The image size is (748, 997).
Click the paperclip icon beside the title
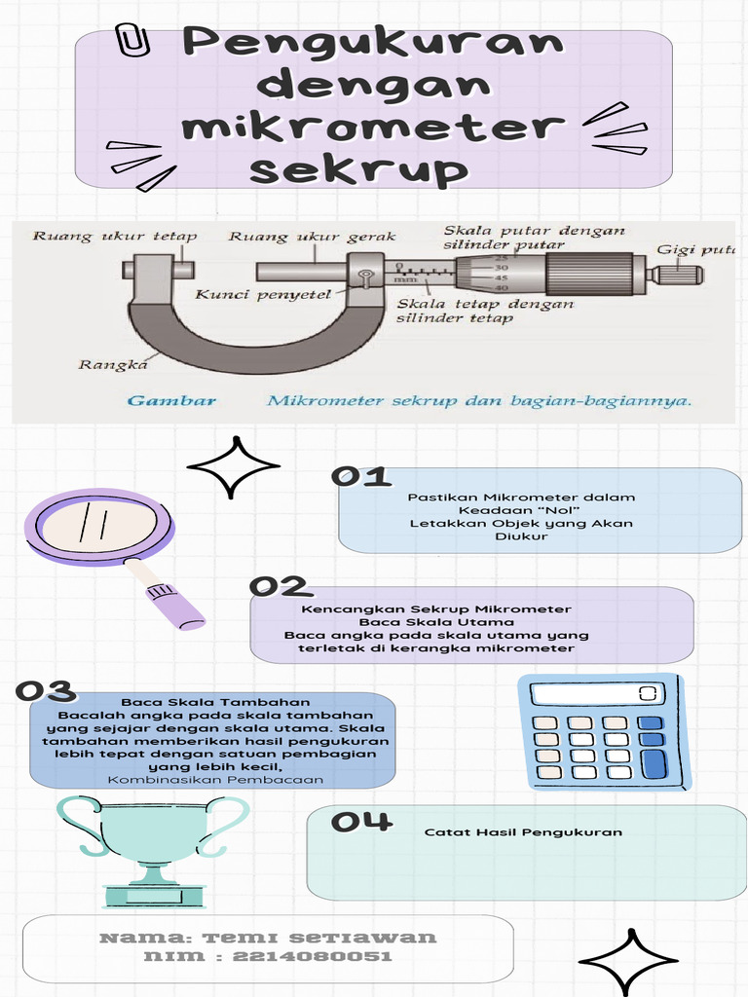(x=132, y=41)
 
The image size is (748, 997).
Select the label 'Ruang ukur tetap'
(x=115, y=237)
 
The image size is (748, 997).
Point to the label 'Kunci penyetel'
(x=263, y=294)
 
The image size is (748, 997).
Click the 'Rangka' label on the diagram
(x=113, y=364)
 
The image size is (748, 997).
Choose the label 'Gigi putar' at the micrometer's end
(x=695, y=250)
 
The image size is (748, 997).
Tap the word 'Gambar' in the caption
(x=171, y=400)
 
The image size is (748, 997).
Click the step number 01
(x=360, y=477)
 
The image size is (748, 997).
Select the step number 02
(x=280, y=586)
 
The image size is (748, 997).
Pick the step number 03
(x=46, y=690)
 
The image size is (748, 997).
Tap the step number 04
(x=361, y=821)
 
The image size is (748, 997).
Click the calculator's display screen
(x=597, y=693)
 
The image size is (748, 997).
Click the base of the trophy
(x=154, y=896)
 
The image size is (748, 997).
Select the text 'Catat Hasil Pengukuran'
(x=523, y=831)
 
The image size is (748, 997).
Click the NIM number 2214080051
(x=312, y=956)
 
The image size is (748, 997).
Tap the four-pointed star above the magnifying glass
(x=234, y=466)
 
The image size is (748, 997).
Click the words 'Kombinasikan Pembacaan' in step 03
(x=215, y=780)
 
